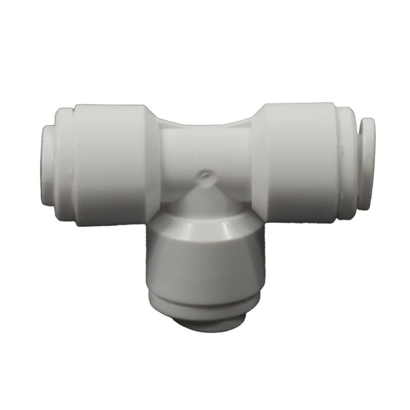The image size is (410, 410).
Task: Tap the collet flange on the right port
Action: pos(366,163)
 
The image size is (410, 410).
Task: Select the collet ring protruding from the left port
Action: pos(47,165)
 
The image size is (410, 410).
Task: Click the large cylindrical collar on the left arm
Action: pos(109,164)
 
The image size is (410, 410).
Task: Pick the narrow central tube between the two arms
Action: pos(205,151)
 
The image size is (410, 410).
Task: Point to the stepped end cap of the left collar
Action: pos(64,165)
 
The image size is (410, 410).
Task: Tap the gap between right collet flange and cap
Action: pos(356,163)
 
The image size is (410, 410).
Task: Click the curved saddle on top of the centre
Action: pos(205,124)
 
